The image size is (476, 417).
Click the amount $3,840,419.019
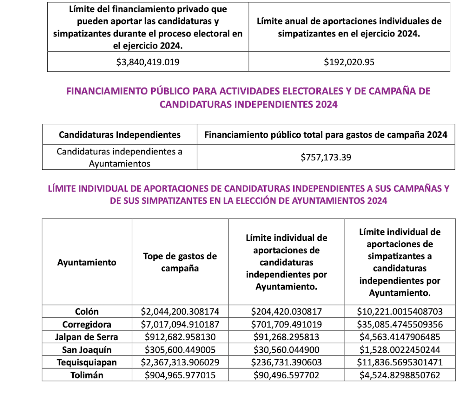[148, 62]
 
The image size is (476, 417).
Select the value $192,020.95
[349, 62]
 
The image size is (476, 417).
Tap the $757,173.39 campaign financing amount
[326, 157]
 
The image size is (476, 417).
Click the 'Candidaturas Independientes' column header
[120, 135]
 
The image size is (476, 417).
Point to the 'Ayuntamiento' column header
[87, 262]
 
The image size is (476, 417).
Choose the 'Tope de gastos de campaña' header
[180, 262]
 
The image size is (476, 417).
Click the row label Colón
[87, 311]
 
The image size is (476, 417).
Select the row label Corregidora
[87, 324]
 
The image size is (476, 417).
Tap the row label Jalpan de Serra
[87, 337]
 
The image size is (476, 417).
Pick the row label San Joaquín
[87, 350]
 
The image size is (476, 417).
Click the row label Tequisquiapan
[87, 362]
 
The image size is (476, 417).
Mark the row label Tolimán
[87, 375]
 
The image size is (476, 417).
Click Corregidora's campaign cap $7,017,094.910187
[180, 324]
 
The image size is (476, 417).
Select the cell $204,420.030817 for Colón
[286, 311]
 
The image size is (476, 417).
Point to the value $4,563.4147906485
[400, 337]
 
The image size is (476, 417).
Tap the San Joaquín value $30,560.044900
[286, 350]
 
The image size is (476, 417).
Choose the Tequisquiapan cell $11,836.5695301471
[400, 362]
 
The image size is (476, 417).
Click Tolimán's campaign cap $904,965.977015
[180, 375]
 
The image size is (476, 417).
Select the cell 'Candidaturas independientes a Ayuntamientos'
[120, 157]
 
